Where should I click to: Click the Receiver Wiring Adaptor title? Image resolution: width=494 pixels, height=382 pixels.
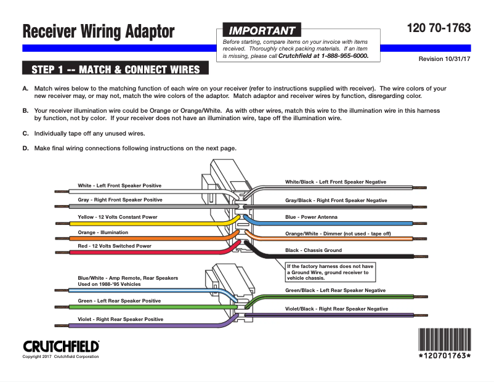[x=99, y=31]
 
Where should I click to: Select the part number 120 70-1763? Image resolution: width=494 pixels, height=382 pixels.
[x=439, y=28]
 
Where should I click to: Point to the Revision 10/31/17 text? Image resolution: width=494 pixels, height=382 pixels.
[x=444, y=59]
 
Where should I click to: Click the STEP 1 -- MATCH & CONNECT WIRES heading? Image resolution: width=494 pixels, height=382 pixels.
[x=115, y=68]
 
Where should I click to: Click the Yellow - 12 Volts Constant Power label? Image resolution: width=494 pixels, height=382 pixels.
[x=117, y=217]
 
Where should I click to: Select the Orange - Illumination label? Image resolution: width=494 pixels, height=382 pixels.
[x=103, y=232]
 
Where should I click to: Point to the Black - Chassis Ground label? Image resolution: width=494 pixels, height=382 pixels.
[x=314, y=250]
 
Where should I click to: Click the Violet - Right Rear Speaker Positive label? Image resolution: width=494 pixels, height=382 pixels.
[x=120, y=319]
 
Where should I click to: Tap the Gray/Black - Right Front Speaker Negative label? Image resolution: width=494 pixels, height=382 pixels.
[x=336, y=200]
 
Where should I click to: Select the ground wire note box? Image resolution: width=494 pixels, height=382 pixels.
[x=331, y=271]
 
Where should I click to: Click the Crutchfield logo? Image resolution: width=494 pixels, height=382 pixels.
[x=61, y=346]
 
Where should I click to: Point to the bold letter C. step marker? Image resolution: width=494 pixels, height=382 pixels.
[x=25, y=133]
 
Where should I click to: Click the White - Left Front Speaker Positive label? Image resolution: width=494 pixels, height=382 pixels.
[x=119, y=185]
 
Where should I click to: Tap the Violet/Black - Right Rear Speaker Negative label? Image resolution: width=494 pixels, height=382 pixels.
[x=336, y=308]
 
